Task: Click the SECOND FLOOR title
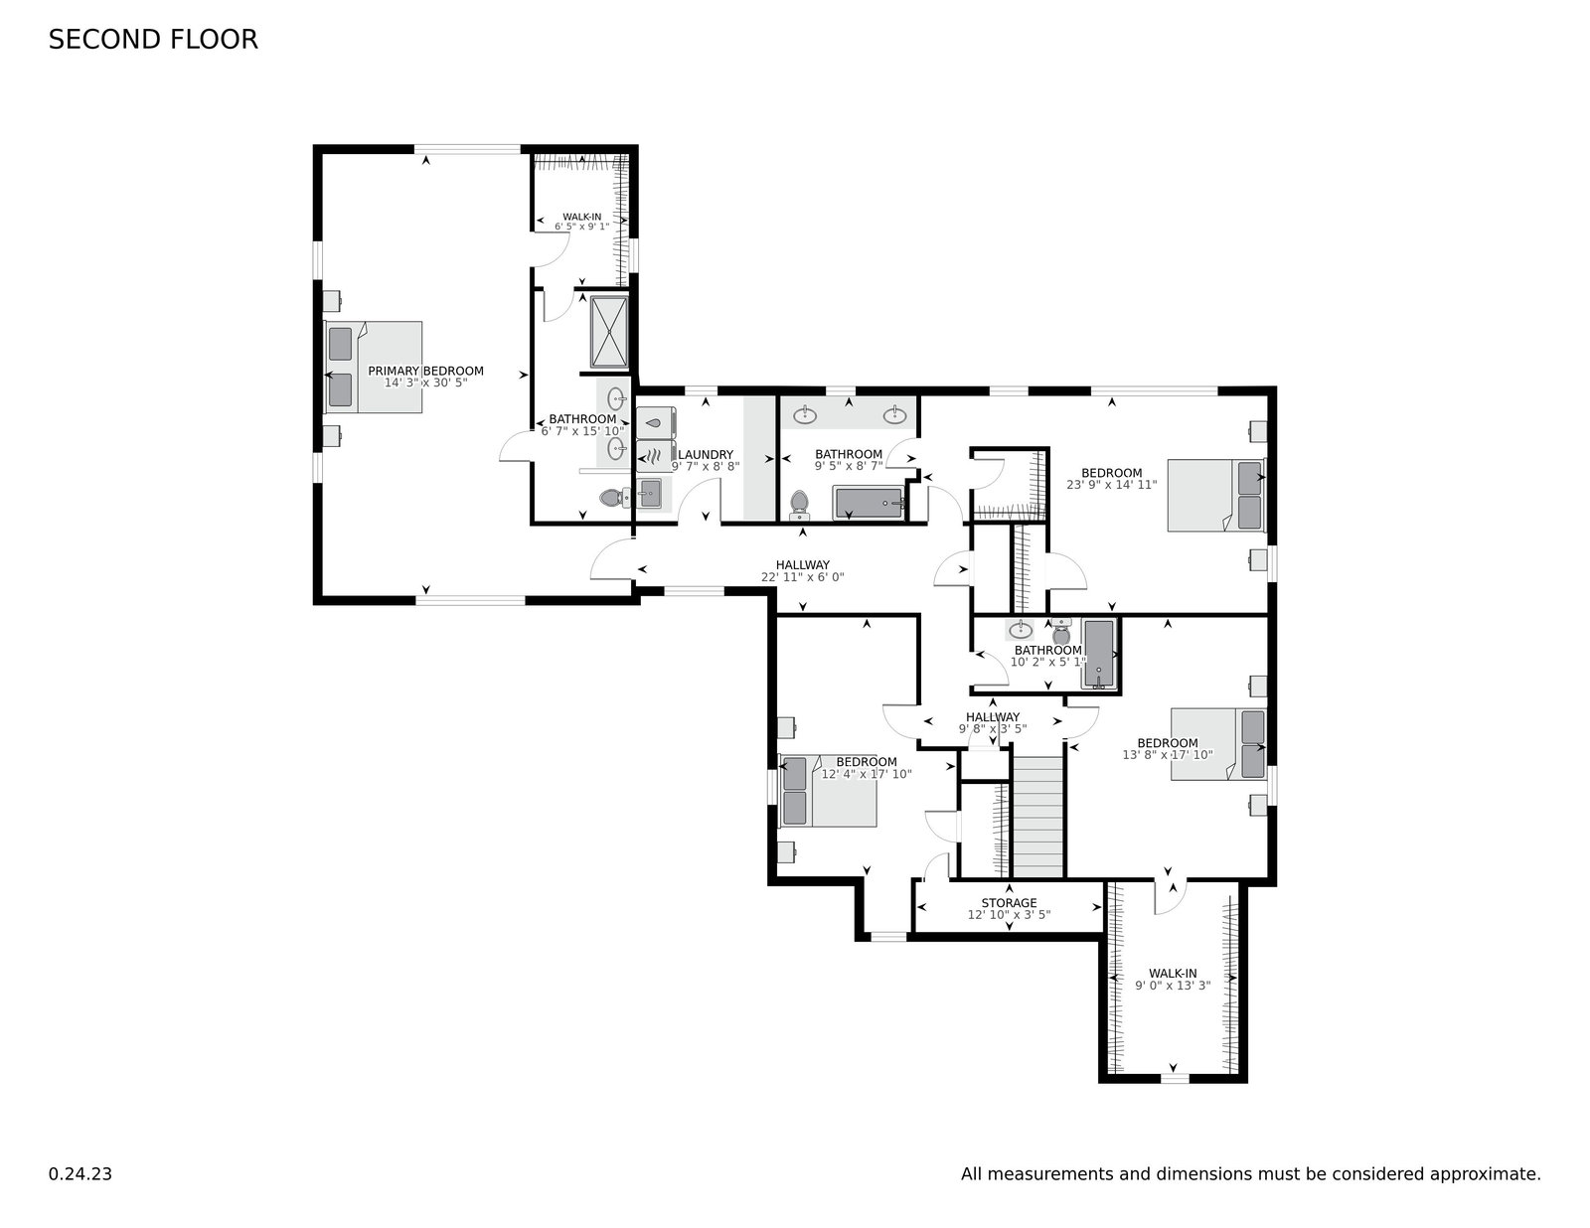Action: [153, 40]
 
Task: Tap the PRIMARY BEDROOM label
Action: [425, 371]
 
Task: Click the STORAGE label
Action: [1009, 903]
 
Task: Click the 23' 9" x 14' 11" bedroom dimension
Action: [1111, 485]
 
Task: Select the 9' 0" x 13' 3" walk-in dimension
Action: [1173, 986]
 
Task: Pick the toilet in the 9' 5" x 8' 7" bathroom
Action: [798, 506]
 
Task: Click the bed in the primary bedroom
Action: [374, 367]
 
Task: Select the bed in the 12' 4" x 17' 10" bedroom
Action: [829, 792]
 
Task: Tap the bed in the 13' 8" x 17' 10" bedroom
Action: [1218, 744]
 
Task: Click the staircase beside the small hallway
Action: [1037, 816]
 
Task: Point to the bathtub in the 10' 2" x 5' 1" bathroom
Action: [1099, 654]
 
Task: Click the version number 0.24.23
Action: [80, 1173]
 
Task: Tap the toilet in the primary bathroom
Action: [613, 498]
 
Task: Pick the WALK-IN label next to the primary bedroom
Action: [581, 217]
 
